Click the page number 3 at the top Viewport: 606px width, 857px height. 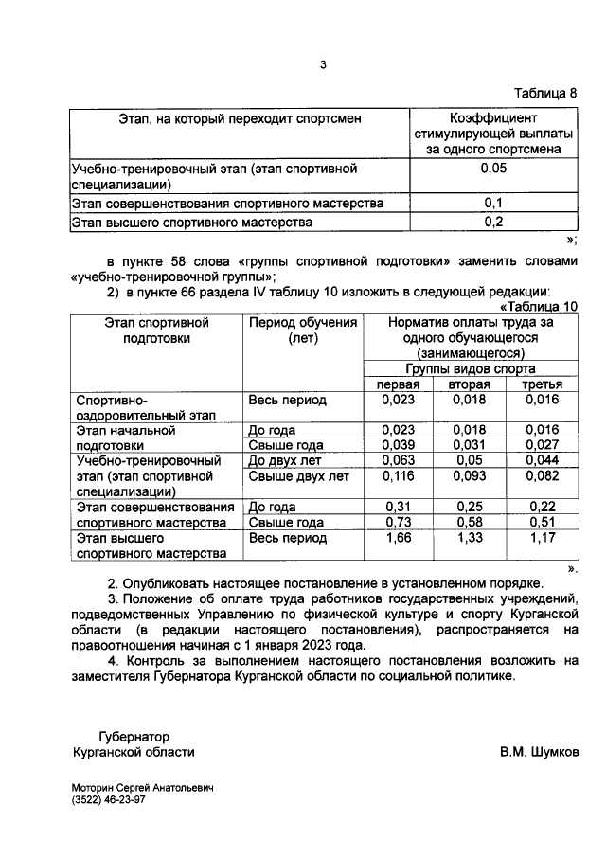click(x=323, y=65)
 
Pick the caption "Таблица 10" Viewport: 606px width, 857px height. click(x=539, y=306)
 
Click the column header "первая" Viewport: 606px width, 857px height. click(x=398, y=384)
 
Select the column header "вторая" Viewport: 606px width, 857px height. click(x=469, y=384)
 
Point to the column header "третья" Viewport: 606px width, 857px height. click(x=541, y=384)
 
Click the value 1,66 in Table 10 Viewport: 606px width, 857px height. click(x=398, y=538)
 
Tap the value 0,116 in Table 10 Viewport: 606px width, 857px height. click(x=398, y=476)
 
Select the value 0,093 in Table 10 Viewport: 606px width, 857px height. click(x=469, y=476)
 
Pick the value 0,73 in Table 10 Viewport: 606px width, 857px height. click(x=398, y=523)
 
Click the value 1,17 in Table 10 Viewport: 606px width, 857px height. click(x=541, y=538)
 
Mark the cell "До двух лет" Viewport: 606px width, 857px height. click(x=282, y=461)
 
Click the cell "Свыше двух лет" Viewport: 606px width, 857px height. click(x=293, y=476)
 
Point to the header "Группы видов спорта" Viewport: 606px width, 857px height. click(x=469, y=369)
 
